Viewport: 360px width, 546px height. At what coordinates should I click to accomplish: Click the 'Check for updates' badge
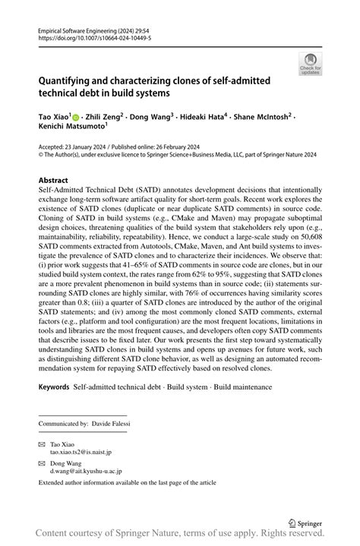(x=310, y=64)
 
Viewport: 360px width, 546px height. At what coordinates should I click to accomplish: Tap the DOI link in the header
(x=89, y=36)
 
